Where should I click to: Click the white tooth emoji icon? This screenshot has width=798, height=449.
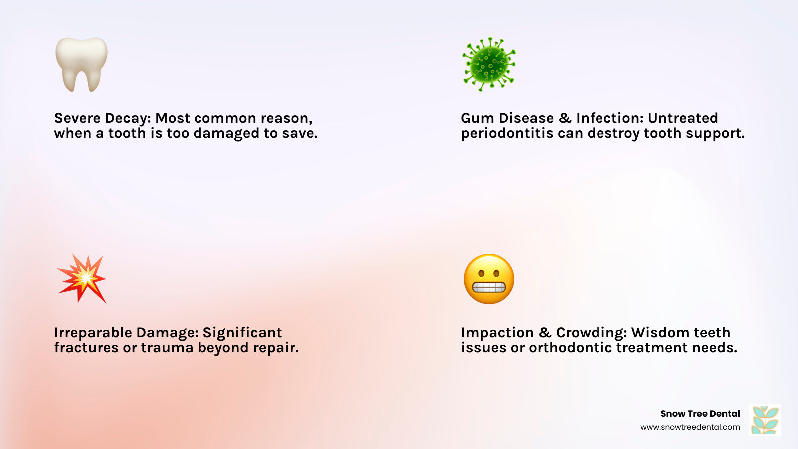click(81, 64)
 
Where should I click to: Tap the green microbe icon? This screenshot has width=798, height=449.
click(489, 64)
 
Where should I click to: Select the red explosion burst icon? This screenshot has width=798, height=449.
click(83, 278)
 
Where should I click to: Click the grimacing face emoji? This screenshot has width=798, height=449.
click(489, 279)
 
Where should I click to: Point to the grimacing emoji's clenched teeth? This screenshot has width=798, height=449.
click(489, 287)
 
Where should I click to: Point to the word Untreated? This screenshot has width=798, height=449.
click(683, 118)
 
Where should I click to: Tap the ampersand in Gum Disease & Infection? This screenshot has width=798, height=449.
click(565, 118)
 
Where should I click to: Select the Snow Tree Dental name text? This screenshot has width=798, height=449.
click(700, 414)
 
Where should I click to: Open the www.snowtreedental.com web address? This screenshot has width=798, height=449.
click(690, 427)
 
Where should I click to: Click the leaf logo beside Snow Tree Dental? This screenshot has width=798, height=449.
click(765, 420)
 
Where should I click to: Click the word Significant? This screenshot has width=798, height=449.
click(242, 333)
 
